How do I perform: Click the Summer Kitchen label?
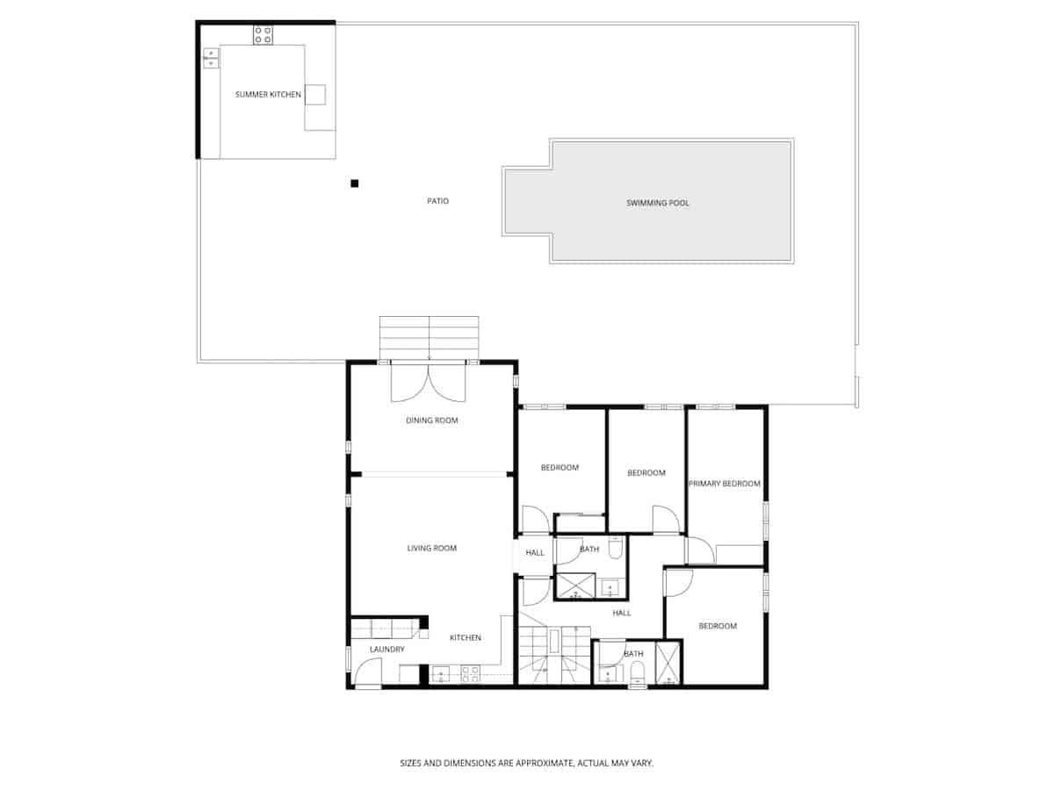pyautogui.click(x=268, y=94)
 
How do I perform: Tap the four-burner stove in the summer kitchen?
pyautogui.click(x=263, y=35)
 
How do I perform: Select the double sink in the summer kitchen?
pyautogui.click(x=211, y=58)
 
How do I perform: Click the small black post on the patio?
pyautogui.click(x=355, y=183)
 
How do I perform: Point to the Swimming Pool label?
pyautogui.click(x=657, y=203)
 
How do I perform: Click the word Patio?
pyautogui.click(x=437, y=201)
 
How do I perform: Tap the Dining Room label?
pyautogui.click(x=431, y=420)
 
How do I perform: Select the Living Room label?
pyautogui.click(x=431, y=549)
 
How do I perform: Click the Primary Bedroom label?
pyautogui.click(x=724, y=484)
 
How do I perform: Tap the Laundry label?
pyautogui.click(x=386, y=650)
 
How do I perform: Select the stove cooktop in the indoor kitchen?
pyautogui.click(x=471, y=674)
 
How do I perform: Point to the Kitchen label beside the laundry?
pyautogui.click(x=465, y=637)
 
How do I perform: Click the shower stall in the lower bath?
pyautogui.click(x=668, y=664)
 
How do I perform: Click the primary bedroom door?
pyautogui.click(x=699, y=550)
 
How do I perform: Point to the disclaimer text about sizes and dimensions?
pyautogui.click(x=527, y=764)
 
